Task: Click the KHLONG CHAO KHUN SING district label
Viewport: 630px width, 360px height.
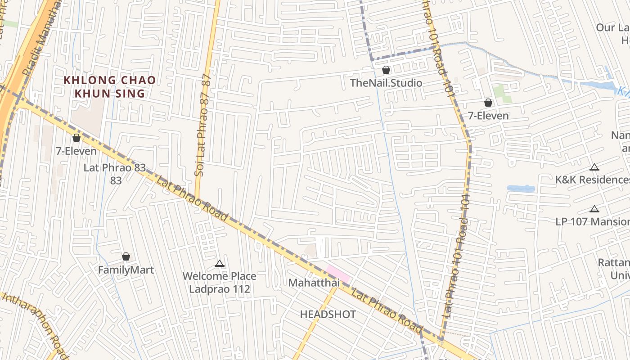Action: click(x=109, y=87)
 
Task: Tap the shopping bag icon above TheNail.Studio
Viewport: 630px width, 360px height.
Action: click(x=386, y=70)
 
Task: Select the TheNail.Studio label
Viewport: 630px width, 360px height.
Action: click(x=386, y=83)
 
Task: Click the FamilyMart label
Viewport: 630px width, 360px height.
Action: click(x=126, y=270)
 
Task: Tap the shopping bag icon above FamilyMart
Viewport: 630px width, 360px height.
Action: click(x=126, y=256)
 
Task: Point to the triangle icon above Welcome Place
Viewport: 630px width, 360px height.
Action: click(x=220, y=264)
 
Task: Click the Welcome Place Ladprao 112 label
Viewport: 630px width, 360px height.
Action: click(x=220, y=282)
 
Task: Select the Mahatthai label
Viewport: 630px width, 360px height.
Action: click(x=313, y=283)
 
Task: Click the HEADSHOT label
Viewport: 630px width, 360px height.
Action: click(x=328, y=314)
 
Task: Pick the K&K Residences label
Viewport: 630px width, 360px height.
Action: click(x=592, y=180)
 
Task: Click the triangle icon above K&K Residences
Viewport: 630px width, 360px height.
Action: click(x=594, y=167)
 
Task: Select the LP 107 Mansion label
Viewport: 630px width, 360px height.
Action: click(x=592, y=221)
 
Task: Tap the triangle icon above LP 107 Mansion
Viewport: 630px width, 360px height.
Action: click(x=594, y=209)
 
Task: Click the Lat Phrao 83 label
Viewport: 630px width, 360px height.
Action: click(x=115, y=168)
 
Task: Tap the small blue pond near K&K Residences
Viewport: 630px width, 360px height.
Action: click(x=521, y=189)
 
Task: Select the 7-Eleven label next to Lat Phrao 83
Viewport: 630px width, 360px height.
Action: click(x=76, y=151)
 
